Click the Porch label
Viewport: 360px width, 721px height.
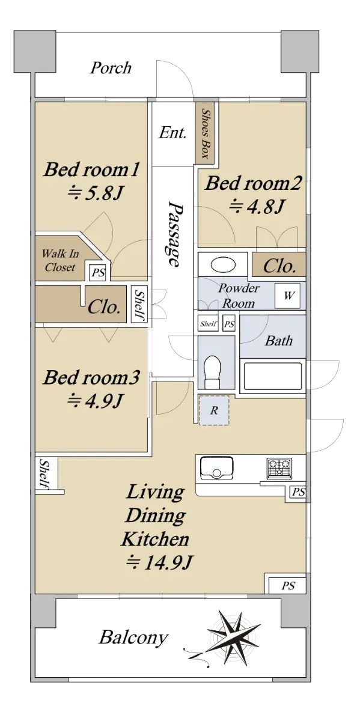(x=111, y=68)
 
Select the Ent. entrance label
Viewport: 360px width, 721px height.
(x=172, y=133)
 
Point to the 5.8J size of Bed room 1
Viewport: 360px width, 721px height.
(x=96, y=193)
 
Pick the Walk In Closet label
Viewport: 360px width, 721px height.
(x=60, y=260)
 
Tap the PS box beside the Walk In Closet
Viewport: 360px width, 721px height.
(x=98, y=273)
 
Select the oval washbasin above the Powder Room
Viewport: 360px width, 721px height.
(x=224, y=265)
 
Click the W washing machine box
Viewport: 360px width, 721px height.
(x=287, y=296)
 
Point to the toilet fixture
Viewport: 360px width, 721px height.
(x=213, y=371)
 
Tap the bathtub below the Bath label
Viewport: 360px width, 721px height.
(x=273, y=376)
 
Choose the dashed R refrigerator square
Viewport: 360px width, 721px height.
(x=214, y=410)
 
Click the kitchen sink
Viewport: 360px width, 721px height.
(x=217, y=468)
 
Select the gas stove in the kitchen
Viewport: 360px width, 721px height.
(x=279, y=467)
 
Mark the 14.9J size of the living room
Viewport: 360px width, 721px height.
(x=159, y=562)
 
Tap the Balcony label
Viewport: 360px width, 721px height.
(x=133, y=637)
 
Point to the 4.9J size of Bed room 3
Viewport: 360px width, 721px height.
(x=96, y=401)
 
